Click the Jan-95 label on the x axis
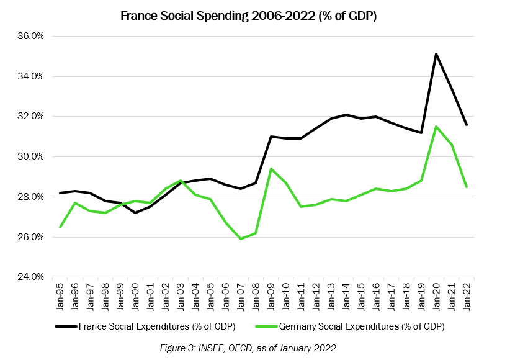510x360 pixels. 60,297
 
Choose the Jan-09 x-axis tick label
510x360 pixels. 271,297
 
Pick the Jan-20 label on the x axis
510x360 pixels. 437,297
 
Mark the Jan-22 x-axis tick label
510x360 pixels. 467,297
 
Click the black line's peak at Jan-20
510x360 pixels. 436,54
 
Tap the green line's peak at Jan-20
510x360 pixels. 436,127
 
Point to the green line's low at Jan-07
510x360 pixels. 241,239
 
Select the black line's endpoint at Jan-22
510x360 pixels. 467,125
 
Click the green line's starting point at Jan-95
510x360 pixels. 60,227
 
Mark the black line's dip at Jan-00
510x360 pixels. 135,213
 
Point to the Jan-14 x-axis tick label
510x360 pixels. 346,297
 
